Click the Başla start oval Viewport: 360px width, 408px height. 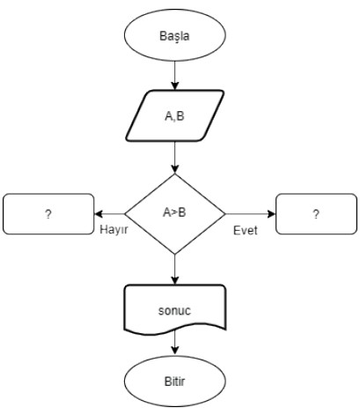(175, 35)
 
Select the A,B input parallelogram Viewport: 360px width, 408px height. (175, 115)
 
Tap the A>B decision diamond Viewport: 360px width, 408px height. (175, 214)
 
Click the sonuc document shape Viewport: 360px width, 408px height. (175, 310)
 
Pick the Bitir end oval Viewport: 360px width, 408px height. (175, 382)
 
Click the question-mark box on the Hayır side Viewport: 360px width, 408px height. (48, 214)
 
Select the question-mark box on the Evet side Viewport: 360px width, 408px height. (316, 214)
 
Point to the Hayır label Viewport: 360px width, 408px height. (114, 230)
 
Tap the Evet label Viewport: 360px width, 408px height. (246, 230)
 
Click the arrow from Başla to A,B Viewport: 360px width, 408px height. (175, 76)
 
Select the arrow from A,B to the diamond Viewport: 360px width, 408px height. (175, 158)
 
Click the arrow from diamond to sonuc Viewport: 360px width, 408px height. (175, 270)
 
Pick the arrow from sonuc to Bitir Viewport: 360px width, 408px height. (175, 343)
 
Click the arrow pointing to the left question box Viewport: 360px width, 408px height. (109, 214)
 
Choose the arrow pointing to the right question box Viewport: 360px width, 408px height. (251, 214)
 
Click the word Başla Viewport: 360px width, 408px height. (174, 36)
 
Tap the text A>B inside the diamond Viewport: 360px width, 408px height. (174, 212)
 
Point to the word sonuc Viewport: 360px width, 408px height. (174, 310)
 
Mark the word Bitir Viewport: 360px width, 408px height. (175, 382)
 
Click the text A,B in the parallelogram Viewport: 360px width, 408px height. (174, 116)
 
